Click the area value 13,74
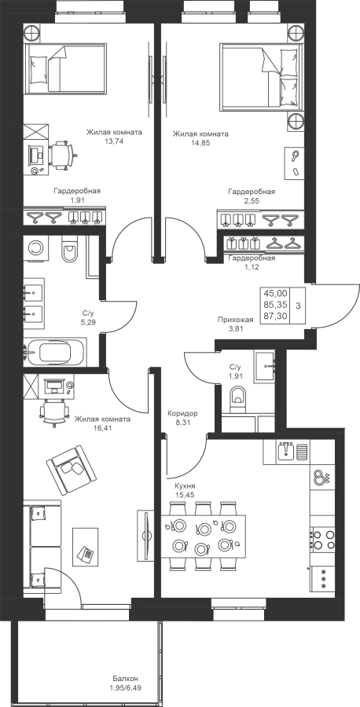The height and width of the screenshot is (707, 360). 114,141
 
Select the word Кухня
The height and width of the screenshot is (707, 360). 186,486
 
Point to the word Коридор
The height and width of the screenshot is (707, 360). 182,413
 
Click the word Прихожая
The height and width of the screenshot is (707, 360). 235,320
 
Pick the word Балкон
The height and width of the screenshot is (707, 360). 126,678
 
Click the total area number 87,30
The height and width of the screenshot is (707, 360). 275,316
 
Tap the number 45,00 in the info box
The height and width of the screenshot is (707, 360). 275,293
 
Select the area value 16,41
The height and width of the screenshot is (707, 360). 102,427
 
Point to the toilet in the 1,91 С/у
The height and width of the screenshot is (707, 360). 239,398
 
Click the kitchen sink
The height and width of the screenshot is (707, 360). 286,451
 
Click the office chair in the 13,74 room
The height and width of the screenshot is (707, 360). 62,153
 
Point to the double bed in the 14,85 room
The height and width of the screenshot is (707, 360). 259,77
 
